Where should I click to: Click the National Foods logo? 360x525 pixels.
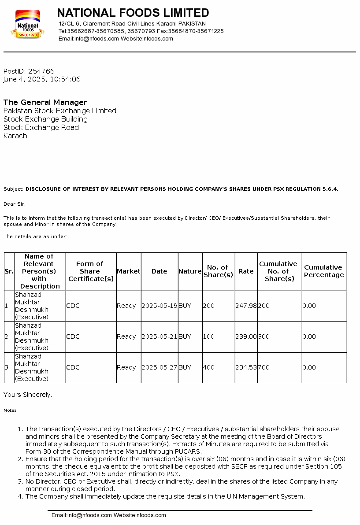tap(27, 25)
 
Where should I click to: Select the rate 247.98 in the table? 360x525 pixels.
tap(246, 306)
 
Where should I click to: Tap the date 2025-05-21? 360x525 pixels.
tap(159, 336)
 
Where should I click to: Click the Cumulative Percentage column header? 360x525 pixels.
tap(324, 271)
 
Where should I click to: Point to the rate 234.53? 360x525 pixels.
tap(246, 367)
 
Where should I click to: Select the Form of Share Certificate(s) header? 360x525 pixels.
tap(91, 271)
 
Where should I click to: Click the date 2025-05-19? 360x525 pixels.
tap(159, 306)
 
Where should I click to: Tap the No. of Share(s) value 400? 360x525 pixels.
tap(208, 367)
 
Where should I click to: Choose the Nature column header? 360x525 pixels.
tap(190, 271)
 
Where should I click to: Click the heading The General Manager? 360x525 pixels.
tap(45, 103)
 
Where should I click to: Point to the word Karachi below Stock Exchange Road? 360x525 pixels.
tap(16, 136)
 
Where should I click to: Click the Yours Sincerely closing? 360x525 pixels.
tap(28, 395)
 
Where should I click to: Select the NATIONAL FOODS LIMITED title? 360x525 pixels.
tap(133, 13)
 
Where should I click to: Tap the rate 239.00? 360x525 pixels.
tap(246, 336)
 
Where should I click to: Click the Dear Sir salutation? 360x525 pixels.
tap(15, 204)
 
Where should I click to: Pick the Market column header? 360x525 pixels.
tap(128, 271)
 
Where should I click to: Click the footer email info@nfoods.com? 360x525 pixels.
tap(82, 515)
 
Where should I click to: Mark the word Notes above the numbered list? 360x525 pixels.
tap(11, 410)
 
